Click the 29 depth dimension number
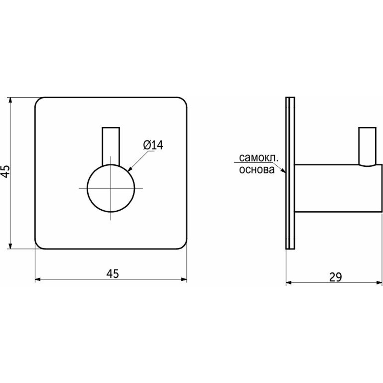coord(335,277)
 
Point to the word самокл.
coord(259,158)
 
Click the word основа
coord(257,170)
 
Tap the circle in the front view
coord(111,188)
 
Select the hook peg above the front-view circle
coord(111,146)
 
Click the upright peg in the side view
coord(367,146)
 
